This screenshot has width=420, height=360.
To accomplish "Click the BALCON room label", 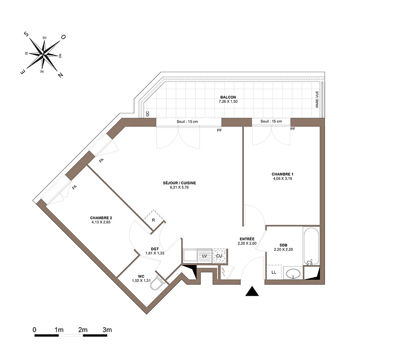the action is [x=228, y=97].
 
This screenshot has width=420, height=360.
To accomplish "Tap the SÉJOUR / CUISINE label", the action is [x=179, y=183].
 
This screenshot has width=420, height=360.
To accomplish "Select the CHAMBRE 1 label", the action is [x=282, y=174].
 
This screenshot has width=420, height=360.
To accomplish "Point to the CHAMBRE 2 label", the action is [x=101, y=218].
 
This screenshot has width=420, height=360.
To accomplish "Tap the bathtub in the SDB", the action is [x=311, y=246].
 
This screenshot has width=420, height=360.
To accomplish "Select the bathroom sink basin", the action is [x=293, y=273].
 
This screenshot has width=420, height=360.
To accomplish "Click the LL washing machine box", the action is [x=274, y=272].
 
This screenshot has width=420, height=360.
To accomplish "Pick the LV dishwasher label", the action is [x=205, y=256].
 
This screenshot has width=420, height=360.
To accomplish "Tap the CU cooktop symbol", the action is [x=219, y=256].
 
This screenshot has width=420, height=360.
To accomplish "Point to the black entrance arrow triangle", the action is [x=252, y=291].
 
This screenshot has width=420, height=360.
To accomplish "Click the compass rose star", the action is [x=43, y=55].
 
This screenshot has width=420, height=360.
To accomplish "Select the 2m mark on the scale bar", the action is [x=83, y=330].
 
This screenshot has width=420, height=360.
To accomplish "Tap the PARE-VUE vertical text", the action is [x=317, y=100].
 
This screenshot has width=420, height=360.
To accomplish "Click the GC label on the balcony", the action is [x=147, y=114].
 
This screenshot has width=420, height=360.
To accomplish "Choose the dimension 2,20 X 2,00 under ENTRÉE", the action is [x=247, y=244].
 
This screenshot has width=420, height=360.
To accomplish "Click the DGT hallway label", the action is [x=155, y=249].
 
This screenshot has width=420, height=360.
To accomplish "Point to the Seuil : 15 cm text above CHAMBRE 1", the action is [x=271, y=121].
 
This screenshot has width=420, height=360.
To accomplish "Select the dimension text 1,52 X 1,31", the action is [x=141, y=281].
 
